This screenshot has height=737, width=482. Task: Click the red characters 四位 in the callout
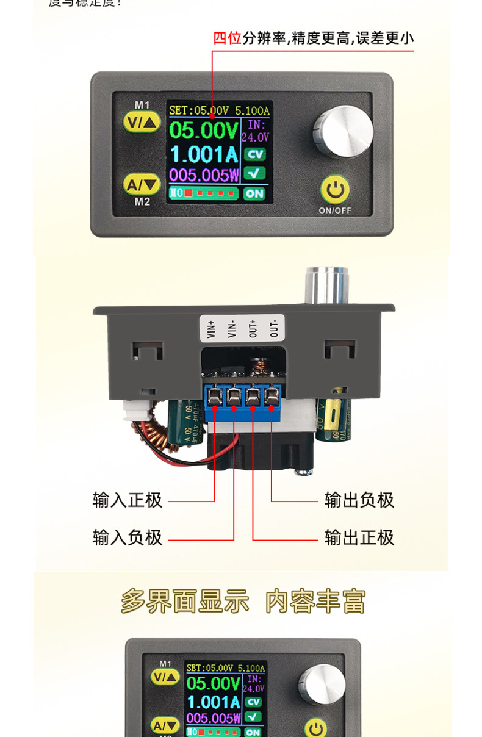[x=228, y=38]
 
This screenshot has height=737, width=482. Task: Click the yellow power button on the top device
[x=335, y=190]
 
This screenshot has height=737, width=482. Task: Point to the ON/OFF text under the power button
[x=335, y=211]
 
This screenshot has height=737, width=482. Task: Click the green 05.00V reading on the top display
[x=203, y=130]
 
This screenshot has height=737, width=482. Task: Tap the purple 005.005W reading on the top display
[x=204, y=175]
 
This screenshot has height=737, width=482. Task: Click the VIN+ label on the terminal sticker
[x=212, y=329]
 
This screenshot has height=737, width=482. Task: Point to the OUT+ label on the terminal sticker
[x=253, y=329]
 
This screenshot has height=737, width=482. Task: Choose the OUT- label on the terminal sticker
[x=273, y=329]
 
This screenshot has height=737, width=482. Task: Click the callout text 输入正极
[x=128, y=500]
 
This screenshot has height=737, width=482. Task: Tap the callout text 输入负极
[x=128, y=537]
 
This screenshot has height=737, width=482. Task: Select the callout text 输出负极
[x=359, y=500]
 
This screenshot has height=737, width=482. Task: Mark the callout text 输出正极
[x=359, y=537]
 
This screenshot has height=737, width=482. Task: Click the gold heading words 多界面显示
[x=185, y=602]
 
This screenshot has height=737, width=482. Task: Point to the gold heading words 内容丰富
[x=315, y=602]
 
